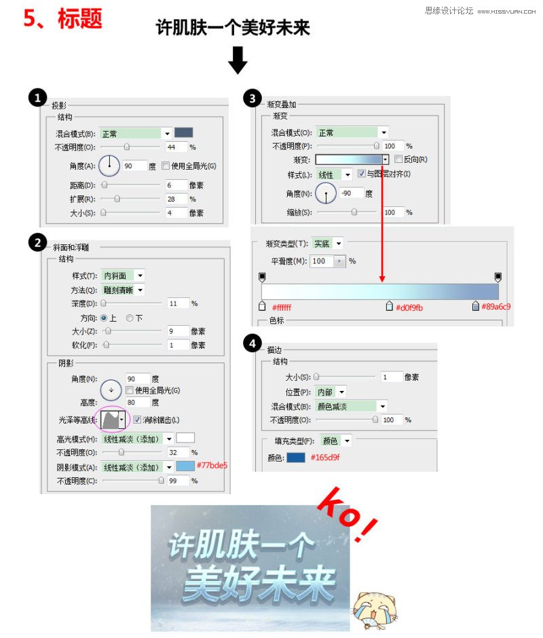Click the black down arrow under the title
(x=238, y=60)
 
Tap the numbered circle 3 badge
(x=252, y=99)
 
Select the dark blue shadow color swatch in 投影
(x=184, y=133)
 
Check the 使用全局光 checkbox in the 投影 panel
(x=166, y=166)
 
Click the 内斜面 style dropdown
(x=123, y=276)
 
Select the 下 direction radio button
(x=130, y=318)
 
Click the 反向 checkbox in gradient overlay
(x=398, y=159)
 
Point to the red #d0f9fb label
(x=409, y=307)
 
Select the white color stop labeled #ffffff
(x=262, y=306)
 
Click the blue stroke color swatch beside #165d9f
(x=295, y=457)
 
